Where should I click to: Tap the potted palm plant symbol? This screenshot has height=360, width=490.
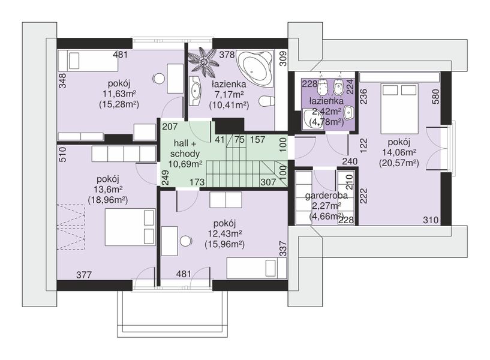click(x=204, y=62)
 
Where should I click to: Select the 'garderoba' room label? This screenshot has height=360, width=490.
click(x=326, y=196)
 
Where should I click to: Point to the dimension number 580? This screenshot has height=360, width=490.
click(x=435, y=96)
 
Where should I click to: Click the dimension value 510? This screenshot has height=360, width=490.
click(x=62, y=154)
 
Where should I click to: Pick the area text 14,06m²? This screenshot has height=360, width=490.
click(x=399, y=152)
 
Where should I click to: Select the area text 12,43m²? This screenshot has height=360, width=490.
click(x=225, y=234)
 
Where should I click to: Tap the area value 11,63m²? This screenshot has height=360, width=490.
click(x=119, y=94)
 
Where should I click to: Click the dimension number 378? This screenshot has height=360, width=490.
click(x=227, y=55)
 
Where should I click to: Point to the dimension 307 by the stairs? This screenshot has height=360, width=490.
click(x=268, y=182)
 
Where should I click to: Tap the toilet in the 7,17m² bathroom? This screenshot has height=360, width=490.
click(x=266, y=101)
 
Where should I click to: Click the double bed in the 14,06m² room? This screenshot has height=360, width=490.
click(x=399, y=109)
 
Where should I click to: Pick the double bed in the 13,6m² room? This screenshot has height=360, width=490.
click(x=130, y=227)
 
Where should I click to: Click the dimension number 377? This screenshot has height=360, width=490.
click(x=84, y=275)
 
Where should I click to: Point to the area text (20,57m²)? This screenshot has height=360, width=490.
click(x=399, y=163)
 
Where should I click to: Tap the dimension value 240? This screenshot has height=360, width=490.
click(x=350, y=161)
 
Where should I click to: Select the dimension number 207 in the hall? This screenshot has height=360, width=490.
click(x=170, y=127)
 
